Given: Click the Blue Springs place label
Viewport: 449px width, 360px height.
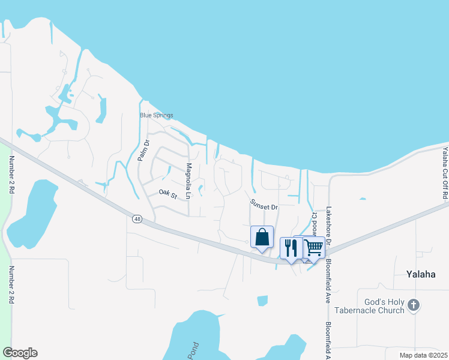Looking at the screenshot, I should (156, 115).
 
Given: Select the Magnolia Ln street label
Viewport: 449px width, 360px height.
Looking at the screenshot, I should (188, 181).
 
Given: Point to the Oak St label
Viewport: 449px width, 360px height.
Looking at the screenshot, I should (168, 194).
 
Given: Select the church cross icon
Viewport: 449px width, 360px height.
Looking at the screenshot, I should (413, 305).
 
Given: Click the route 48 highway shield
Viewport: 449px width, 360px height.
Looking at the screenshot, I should (137, 219).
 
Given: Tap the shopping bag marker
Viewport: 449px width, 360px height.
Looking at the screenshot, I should (262, 237).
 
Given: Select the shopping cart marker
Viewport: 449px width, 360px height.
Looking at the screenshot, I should (313, 247).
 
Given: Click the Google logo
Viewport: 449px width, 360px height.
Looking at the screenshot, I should (20, 353).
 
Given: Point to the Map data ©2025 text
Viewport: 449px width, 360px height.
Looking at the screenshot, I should (423, 355).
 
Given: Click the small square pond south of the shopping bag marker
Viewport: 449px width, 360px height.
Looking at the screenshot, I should (262, 301).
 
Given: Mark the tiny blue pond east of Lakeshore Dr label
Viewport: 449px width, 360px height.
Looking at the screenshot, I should (362, 198).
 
